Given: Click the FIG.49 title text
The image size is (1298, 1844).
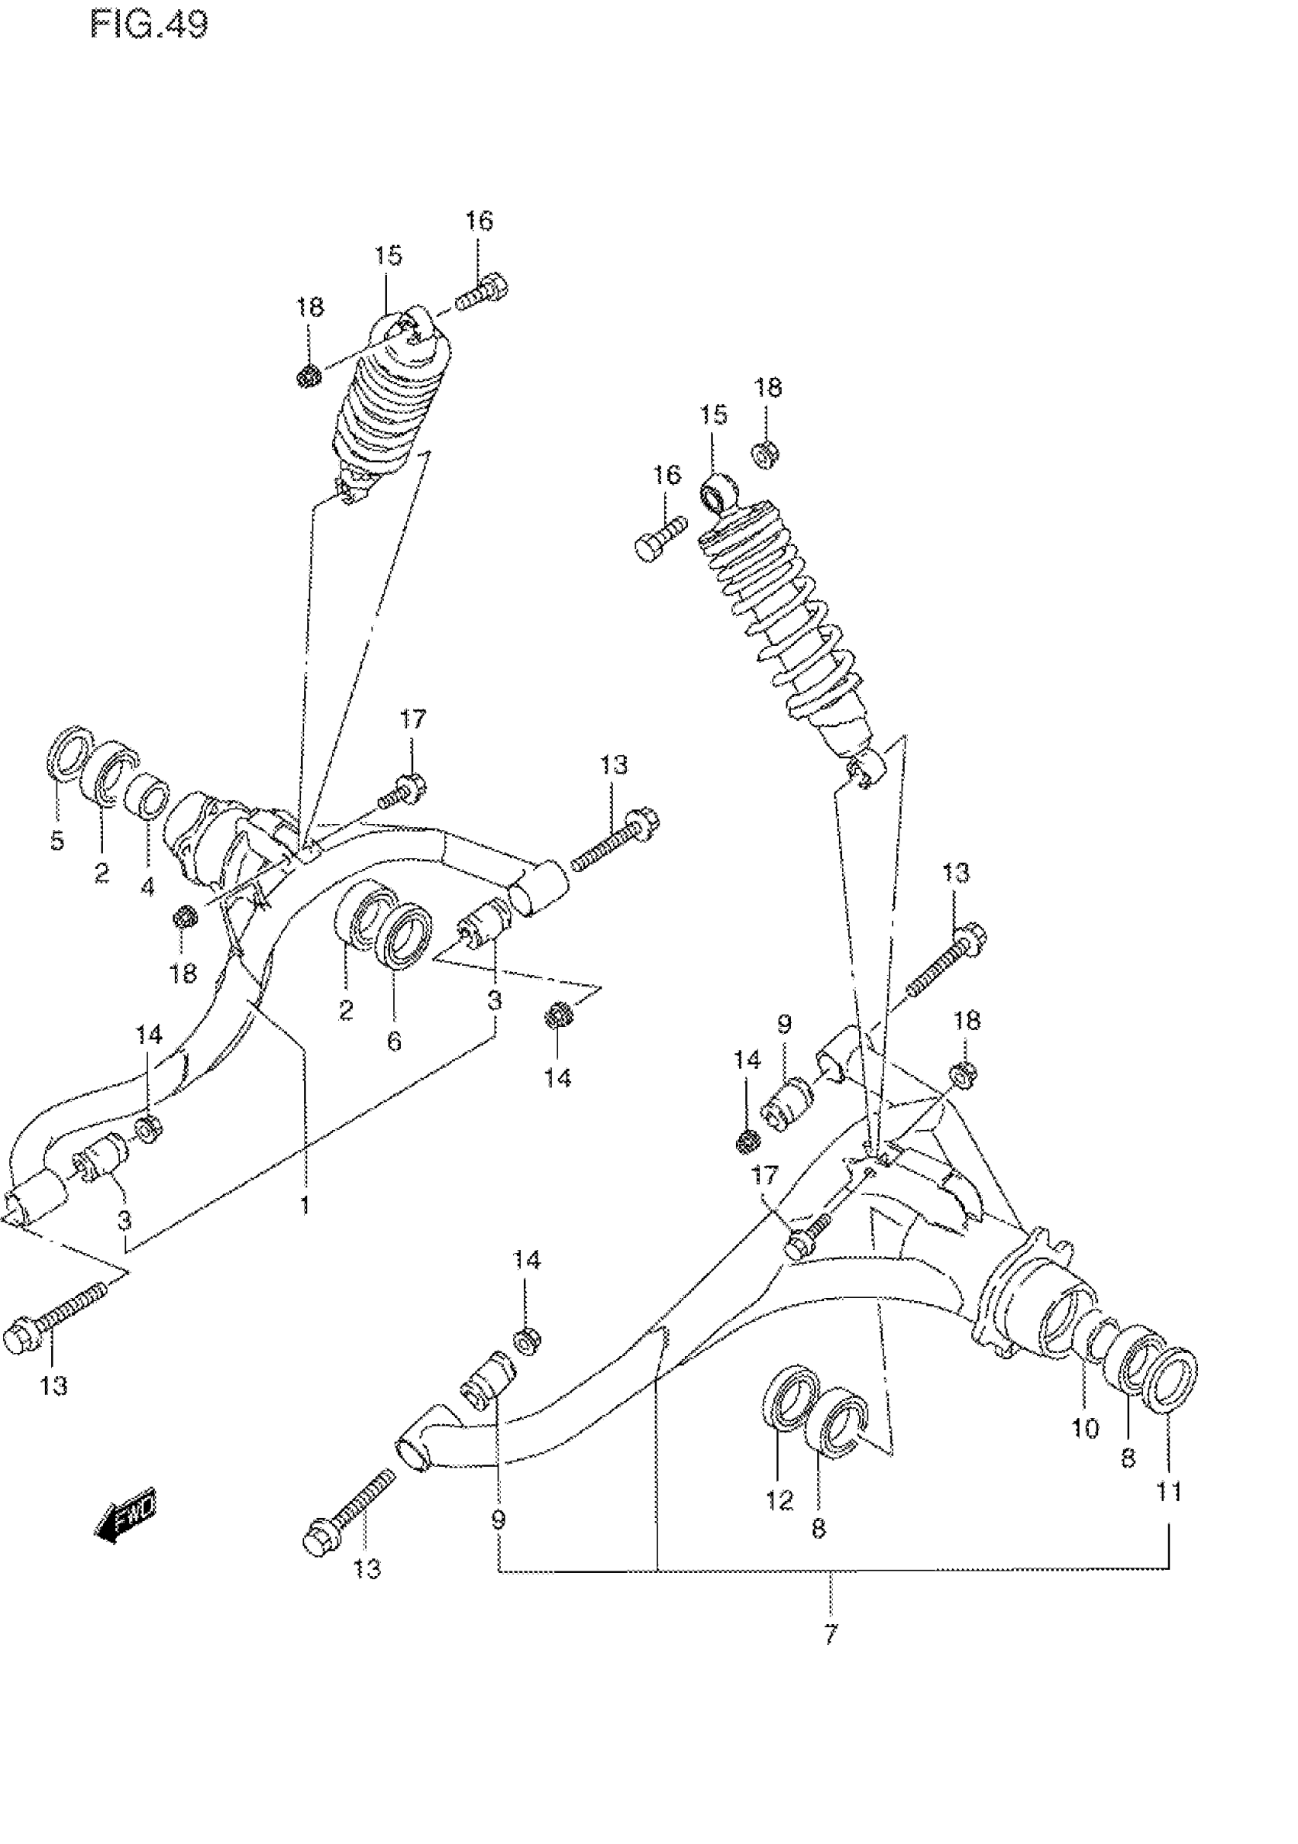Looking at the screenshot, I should (x=149, y=25).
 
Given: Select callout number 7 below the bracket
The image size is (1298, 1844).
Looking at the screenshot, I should (x=831, y=1632).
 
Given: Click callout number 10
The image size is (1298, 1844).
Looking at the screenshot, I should (x=1084, y=1427).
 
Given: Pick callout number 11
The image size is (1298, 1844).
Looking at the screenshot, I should (x=1169, y=1491).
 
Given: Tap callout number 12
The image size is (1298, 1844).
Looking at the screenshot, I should (x=779, y=1500).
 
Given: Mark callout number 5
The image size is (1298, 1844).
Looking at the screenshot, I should (x=57, y=841).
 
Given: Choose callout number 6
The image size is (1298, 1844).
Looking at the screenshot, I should (x=393, y=1041).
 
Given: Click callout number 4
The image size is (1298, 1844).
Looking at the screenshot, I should (x=148, y=886).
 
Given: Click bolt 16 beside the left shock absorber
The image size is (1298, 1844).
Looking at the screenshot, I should (x=483, y=293).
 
